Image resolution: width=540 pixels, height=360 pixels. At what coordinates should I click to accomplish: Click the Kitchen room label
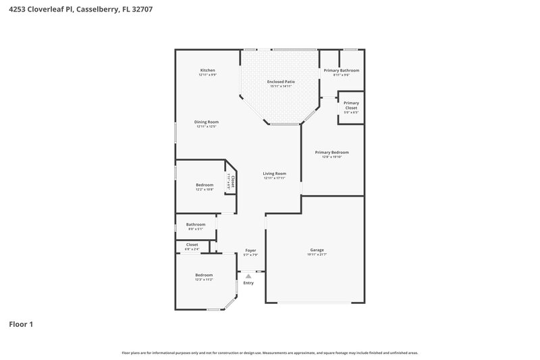[207, 71]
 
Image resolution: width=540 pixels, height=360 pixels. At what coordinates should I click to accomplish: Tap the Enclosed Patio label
[280, 82]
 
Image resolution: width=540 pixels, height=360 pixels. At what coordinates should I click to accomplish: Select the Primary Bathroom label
[341, 71]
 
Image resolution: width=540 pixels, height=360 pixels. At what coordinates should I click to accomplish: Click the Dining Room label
[207, 122]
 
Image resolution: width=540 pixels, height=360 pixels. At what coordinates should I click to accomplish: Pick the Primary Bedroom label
[332, 152]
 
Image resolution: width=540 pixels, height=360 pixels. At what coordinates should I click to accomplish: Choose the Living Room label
[275, 174]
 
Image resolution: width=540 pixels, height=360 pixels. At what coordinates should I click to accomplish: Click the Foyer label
[250, 251]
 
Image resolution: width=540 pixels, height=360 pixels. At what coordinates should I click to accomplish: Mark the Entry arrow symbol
[248, 276]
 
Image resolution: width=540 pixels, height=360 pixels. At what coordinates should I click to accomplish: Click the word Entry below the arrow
[248, 282]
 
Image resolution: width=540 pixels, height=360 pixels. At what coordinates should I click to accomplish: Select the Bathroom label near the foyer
[196, 224]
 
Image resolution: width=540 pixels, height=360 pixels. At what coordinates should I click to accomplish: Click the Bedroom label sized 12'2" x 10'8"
[205, 185]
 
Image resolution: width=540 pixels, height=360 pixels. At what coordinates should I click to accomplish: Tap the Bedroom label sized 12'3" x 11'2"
[204, 275]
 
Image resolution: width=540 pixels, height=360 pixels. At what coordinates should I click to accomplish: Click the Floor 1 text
[21, 324]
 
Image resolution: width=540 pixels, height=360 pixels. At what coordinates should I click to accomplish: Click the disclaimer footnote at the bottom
[269, 353]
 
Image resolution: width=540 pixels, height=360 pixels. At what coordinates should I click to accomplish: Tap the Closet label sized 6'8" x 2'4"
[192, 245]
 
